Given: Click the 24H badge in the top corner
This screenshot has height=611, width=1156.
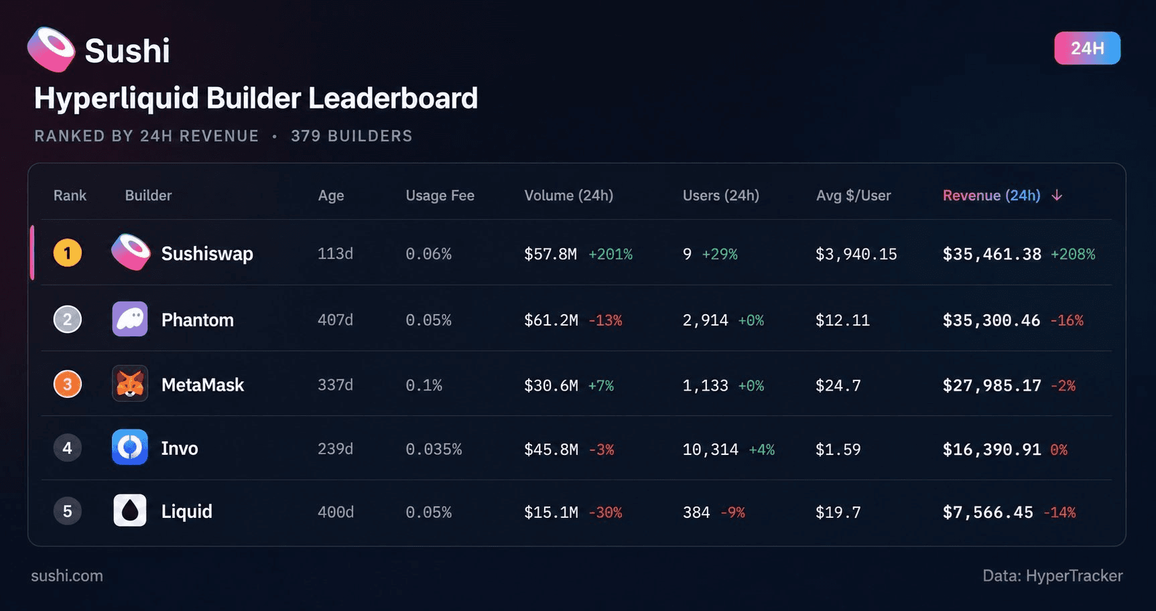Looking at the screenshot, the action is [1087, 48].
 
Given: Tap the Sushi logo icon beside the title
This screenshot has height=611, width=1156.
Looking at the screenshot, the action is [51, 50].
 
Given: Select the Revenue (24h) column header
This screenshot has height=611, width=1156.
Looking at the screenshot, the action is [991, 195].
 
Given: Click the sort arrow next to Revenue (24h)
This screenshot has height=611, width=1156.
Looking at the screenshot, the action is [1057, 195].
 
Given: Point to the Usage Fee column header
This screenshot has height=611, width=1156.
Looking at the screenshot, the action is [440, 196].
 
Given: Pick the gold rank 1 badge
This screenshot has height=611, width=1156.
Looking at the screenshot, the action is [67, 253].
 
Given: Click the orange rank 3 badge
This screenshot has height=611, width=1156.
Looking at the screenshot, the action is [67, 385].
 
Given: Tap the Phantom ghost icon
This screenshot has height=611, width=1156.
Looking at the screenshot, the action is [130, 319].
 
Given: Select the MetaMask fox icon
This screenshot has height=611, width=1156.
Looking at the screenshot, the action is [130, 384].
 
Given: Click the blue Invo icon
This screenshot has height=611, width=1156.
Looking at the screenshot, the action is [130, 447].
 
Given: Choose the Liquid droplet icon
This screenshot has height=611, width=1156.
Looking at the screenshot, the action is [130, 511].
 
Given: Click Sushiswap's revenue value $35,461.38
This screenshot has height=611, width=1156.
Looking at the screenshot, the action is [992, 254].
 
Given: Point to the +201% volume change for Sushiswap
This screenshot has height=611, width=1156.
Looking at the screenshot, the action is [611, 254].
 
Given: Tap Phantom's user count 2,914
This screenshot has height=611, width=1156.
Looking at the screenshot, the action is [705, 320].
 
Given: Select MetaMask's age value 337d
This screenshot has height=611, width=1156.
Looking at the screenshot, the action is [335, 385].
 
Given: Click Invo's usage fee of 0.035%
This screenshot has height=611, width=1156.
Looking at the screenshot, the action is [434, 449].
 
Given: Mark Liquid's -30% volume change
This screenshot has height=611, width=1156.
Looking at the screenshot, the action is [605, 513].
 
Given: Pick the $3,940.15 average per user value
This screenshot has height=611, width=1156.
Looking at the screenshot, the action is [856, 254].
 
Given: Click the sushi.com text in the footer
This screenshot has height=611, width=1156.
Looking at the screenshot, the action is [67, 575].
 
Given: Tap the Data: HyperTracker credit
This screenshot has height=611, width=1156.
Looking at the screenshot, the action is [1052, 575].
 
